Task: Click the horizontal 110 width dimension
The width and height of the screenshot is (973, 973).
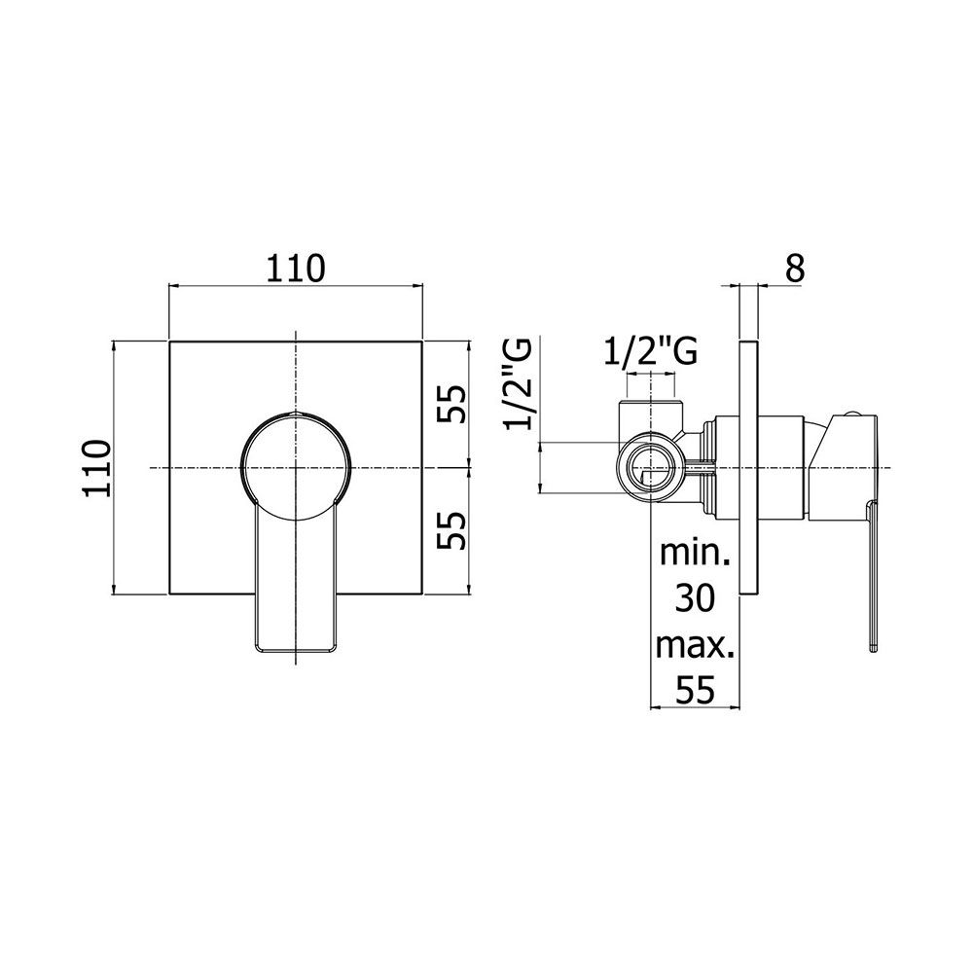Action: pos(296,269)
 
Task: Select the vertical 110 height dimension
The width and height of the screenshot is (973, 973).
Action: pos(97,468)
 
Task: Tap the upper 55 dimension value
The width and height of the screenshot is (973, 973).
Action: pos(451,404)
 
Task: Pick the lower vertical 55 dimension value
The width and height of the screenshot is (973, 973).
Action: pos(451,530)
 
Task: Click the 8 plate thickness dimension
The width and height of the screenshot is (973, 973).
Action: pos(795,269)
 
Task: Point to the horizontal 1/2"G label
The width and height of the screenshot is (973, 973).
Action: pos(650,352)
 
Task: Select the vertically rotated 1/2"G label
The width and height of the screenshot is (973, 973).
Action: pos(518,384)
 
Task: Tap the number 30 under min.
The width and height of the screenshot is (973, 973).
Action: pos(695,598)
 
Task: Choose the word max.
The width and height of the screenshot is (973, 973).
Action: pos(695,645)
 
